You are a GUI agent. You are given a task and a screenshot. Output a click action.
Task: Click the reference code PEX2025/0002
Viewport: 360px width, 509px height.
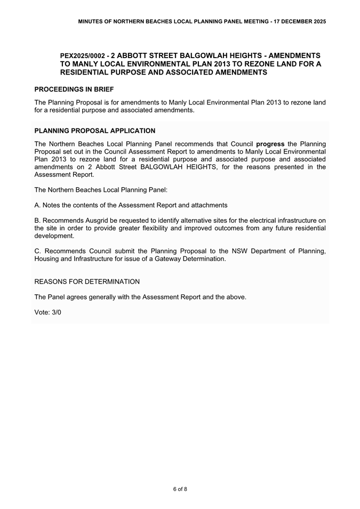point(82,55)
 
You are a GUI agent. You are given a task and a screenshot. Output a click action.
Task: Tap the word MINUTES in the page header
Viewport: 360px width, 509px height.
point(91,21)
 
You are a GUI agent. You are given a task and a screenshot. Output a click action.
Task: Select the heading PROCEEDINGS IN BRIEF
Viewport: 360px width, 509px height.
point(74,89)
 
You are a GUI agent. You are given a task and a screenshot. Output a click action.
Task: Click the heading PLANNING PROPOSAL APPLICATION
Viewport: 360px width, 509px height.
point(95,131)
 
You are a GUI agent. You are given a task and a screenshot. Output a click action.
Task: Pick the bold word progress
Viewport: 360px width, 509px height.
point(270,144)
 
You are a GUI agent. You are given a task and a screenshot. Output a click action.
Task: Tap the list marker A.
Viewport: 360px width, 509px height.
point(37,205)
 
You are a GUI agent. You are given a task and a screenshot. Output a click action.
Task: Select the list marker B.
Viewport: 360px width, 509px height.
point(37,220)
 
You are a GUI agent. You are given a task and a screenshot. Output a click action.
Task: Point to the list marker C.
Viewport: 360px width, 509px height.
point(37,251)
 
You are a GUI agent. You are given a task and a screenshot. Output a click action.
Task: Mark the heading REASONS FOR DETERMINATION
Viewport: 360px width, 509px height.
point(87,281)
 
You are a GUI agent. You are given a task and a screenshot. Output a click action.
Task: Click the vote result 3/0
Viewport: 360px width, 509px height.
point(55,312)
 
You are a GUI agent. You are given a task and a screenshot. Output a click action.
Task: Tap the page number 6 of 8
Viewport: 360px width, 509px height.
point(180,489)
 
